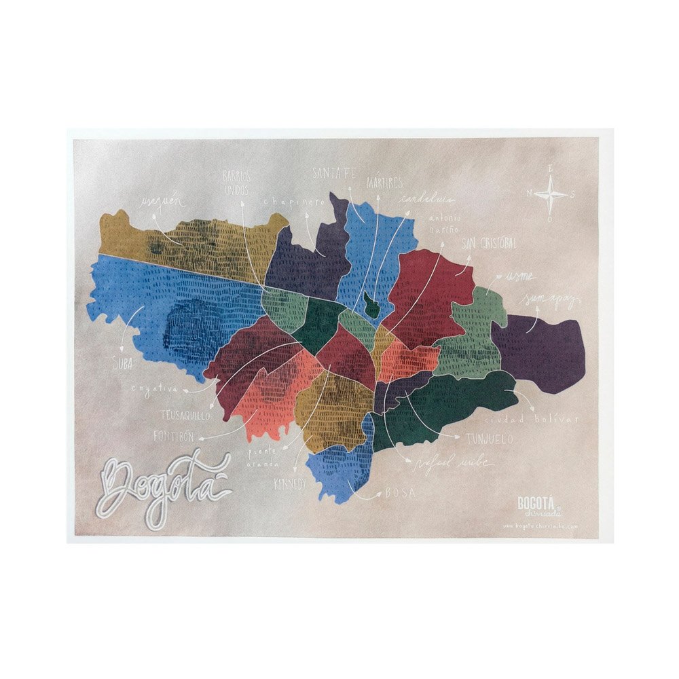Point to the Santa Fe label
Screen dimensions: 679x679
click(x=334, y=174)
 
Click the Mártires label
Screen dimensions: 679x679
click(x=385, y=183)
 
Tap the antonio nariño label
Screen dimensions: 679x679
click(x=445, y=223)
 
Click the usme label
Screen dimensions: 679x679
click(x=518, y=276)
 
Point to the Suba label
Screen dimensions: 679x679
click(x=122, y=364)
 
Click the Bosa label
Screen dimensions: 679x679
click(x=400, y=493)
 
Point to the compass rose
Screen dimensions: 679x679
click(x=551, y=195)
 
